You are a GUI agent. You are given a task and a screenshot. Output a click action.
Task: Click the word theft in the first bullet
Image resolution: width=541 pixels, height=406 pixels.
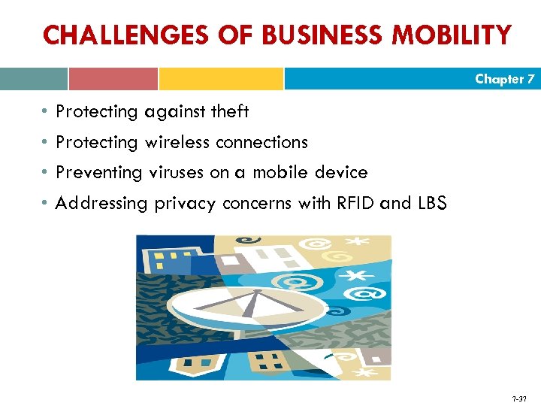point(229,112)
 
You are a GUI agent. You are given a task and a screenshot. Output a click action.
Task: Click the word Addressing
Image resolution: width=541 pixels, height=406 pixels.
point(103,202)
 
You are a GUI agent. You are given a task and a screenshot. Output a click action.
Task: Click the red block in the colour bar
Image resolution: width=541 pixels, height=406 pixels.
point(113,79)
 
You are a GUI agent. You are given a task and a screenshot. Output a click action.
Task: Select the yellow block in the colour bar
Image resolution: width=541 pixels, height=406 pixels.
point(221,79)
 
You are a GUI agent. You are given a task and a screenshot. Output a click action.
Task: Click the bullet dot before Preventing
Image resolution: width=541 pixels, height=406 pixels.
point(46,173)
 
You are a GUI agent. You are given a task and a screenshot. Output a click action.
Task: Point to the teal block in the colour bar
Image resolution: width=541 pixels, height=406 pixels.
point(34,79)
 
